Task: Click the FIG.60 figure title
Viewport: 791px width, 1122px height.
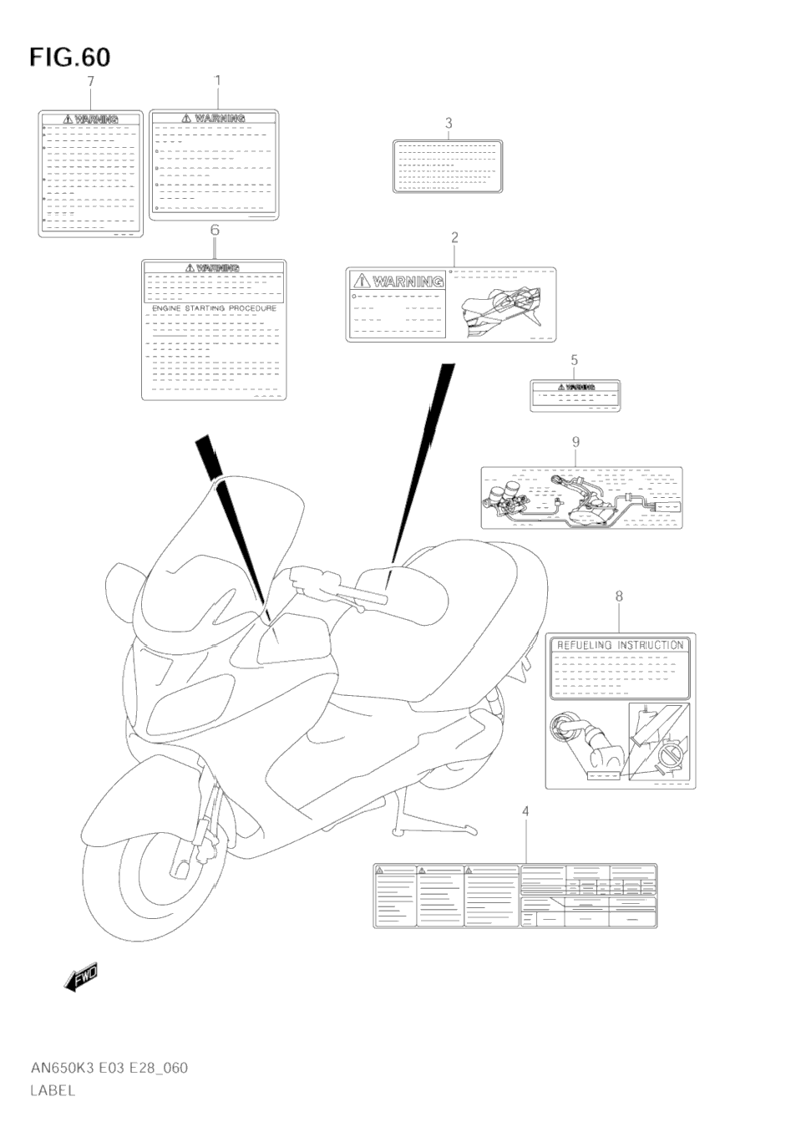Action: pos(69,57)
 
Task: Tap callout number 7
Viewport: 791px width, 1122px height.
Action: pos(90,81)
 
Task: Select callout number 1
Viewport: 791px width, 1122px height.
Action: pos(217,80)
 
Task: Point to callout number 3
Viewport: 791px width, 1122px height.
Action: pos(449,124)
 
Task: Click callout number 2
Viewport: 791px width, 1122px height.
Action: pos(454,237)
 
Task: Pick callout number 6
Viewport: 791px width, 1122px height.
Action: pos(215,229)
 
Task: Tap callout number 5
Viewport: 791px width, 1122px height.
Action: pos(575,360)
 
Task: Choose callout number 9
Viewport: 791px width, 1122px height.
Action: pos(576,441)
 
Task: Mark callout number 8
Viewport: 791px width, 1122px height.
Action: pos(619,597)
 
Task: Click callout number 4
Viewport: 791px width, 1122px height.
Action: pos(525,811)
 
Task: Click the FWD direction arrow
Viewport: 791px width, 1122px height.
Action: pos(81,977)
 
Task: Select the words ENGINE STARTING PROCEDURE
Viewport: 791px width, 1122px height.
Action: pos(214,308)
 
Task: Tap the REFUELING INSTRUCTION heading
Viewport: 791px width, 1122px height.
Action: pos(620,645)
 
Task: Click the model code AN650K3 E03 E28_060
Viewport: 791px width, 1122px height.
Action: pos(109,1068)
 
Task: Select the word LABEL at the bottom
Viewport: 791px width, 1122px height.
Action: pos(53,1089)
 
